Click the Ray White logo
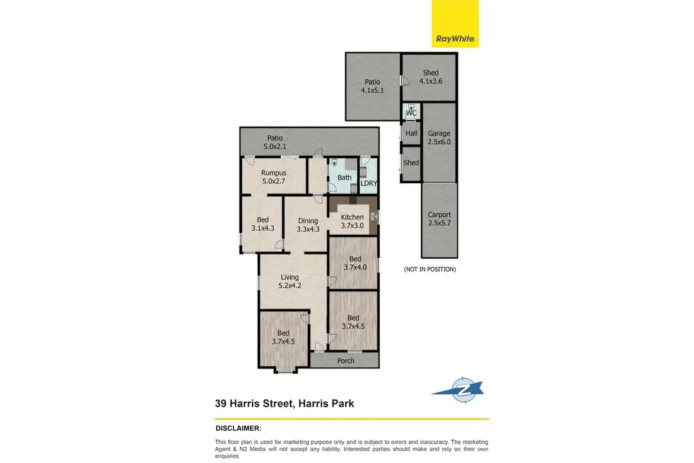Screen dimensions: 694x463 pos(455,24)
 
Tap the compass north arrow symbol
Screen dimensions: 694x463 pos(459,390)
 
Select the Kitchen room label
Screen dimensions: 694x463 pos(352,221)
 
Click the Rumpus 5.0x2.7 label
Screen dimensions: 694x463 pos(274,177)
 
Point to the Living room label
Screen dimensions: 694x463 pos(290,282)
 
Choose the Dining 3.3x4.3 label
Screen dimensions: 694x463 pos(308,224)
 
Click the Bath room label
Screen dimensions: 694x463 pos(344,177)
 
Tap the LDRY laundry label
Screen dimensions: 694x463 pos(369,183)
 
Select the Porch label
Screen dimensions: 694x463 pos(346,361)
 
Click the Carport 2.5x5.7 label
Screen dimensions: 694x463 pos(440,219)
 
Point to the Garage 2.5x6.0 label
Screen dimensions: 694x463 pos(439,138)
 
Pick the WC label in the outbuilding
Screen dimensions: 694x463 pos(411,113)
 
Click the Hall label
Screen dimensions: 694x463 pos(411,133)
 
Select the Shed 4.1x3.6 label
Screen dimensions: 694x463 pos(431,77)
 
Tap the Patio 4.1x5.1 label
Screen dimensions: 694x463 pos(372,86)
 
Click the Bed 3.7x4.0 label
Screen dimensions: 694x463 pos(355,263)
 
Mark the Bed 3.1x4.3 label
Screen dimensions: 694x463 pos(263,224)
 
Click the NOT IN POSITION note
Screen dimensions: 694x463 pos(430,269)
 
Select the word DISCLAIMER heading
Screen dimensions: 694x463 pos(238,428)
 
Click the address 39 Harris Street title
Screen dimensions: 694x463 pos(284,404)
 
